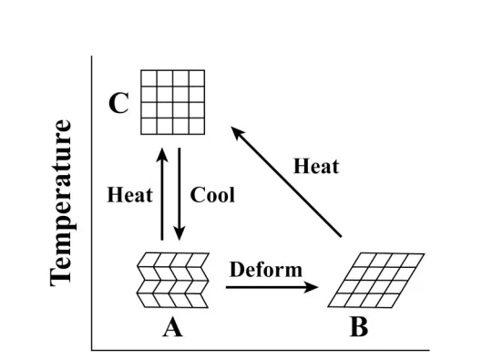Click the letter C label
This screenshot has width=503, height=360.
pyautogui.click(x=119, y=104)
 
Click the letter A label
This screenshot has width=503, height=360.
pyautogui.click(x=171, y=327)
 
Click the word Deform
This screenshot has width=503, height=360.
pyautogui.click(x=265, y=270)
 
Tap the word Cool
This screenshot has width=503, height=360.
pyautogui.click(x=212, y=195)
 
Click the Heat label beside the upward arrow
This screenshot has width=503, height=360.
pyautogui.click(x=130, y=195)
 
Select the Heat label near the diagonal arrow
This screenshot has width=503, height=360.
pyautogui.click(x=316, y=166)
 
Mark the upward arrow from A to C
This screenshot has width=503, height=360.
pyautogui.click(x=162, y=195)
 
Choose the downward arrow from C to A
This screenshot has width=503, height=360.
pyautogui.click(x=180, y=195)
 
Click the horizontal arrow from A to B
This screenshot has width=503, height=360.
pyautogui.click(x=272, y=286)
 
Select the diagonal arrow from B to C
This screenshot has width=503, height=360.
pyautogui.click(x=286, y=182)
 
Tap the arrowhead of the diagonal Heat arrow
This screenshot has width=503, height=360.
pyautogui.click(x=237, y=134)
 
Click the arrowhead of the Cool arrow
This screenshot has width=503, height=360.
pyautogui.click(x=180, y=234)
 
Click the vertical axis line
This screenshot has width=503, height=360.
pyautogui.click(x=92, y=201)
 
